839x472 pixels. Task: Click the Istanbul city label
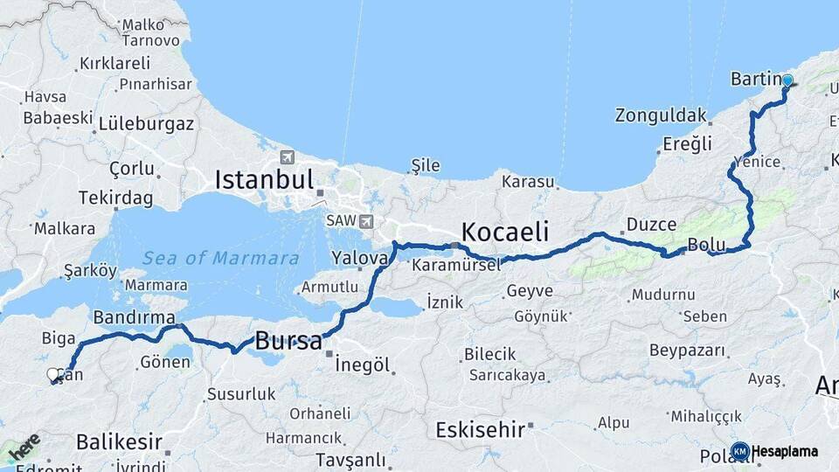(x=264, y=181)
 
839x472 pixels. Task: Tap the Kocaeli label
(x=504, y=232)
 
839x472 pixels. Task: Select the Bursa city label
(x=288, y=341)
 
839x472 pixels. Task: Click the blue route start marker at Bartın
(x=787, y=80)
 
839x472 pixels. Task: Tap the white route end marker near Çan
(x=53, y=375)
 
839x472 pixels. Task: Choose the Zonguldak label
(x=661, y=115)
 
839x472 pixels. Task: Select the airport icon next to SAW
(x=365, y=221)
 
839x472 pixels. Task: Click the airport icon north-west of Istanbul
(x=288, y=157)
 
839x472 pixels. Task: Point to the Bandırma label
(x=134, y=316)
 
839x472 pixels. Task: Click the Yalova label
(x=359, y=258)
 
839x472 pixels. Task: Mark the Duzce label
(x=651, y=225)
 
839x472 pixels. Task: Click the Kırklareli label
(x=114, y=63)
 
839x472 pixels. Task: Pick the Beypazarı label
(x=687, y=351)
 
